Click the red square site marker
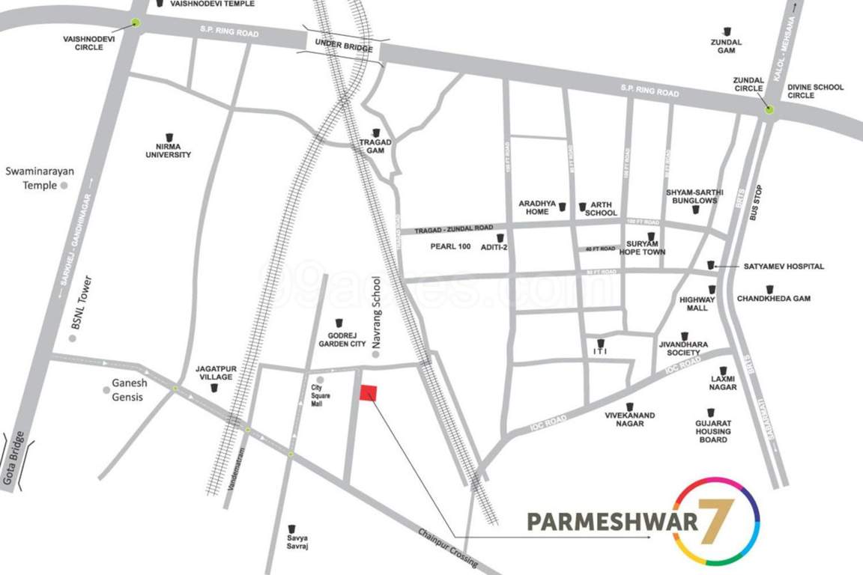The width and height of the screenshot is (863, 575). click(368, 394)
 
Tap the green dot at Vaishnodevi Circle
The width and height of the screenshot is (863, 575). click(136, 22)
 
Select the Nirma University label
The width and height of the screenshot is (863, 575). click(169, 150)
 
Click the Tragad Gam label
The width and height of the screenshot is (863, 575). click(375, 146)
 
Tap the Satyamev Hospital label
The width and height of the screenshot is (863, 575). click(784, 266)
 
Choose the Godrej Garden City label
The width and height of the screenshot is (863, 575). click(341, 340)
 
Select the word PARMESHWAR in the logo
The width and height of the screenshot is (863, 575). click(612, 521)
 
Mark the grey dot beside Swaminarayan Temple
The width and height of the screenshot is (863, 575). click(64, 184)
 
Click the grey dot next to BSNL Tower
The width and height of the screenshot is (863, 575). click(73, 338)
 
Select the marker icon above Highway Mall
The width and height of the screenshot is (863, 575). click(712, 289)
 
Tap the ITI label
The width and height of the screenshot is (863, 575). click(599, 351)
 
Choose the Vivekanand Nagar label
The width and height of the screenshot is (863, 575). click(630, 419)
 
